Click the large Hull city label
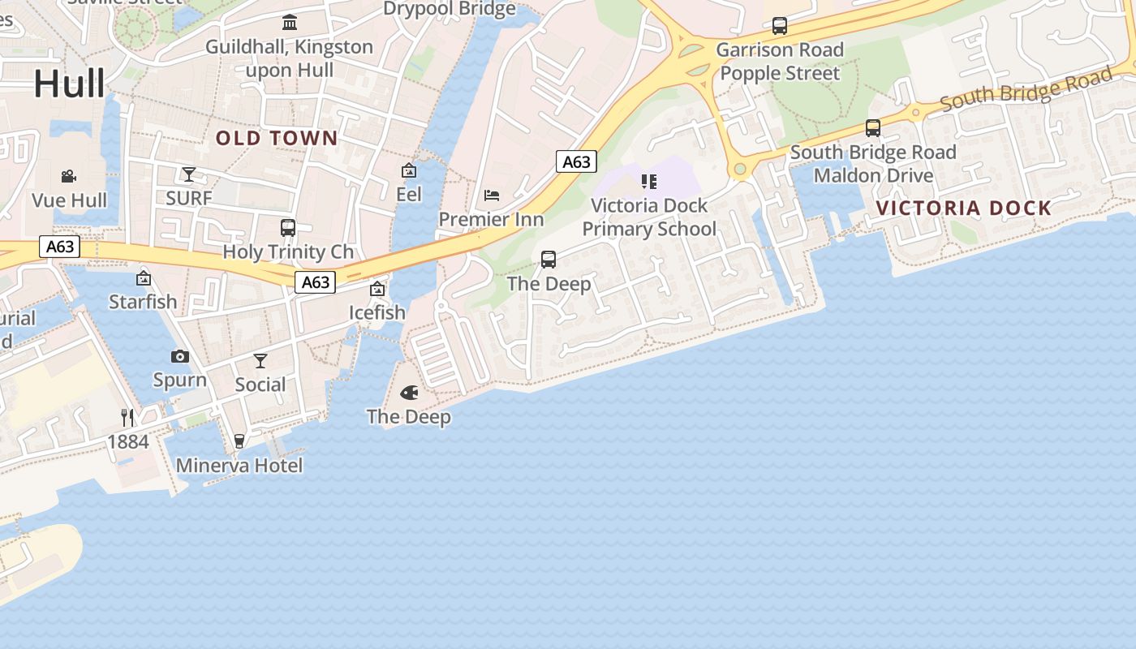(69, 84)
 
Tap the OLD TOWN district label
(277, 138)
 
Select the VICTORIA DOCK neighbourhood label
(964, 208)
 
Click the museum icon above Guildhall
(290, 22)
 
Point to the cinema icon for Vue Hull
(69, 176)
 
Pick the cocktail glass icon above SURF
(189, 174)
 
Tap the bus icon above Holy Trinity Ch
(288, 227)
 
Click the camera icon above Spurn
(180, 356)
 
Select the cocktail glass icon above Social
(260, 360)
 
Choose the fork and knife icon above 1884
(127, 417)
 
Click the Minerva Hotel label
(239, 466)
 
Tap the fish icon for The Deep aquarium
(410, 393)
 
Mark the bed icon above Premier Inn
(492, 195)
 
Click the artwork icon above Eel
(409, 170)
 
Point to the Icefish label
(377, 312)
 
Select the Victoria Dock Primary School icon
(648, 182)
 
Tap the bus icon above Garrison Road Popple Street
(780, 26)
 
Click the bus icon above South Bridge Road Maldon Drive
(873, 128)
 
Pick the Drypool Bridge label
(450, 9)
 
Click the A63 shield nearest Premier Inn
(576, 161)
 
